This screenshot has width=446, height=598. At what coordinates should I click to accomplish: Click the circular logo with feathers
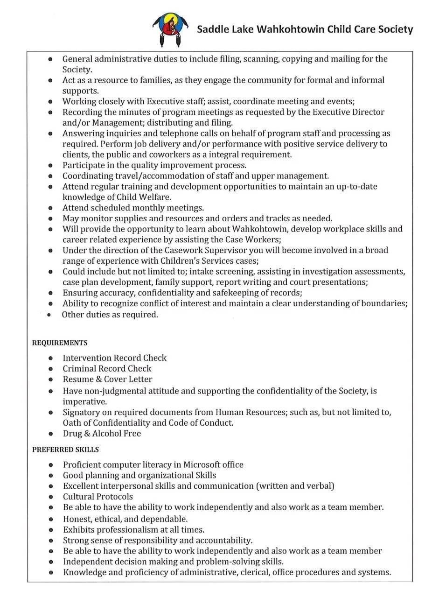click(170, 29)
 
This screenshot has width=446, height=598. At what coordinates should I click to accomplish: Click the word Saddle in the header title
click(212, 29)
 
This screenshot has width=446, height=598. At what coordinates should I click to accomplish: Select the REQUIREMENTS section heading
click(60, 343)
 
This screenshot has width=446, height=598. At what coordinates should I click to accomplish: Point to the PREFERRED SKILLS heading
click(65, 450)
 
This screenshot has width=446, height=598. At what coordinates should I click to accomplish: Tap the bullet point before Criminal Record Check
click(50, 369)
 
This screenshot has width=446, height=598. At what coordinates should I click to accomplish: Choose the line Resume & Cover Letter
click(107, 379)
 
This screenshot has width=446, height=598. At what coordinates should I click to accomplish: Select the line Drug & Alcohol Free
click(102, 433)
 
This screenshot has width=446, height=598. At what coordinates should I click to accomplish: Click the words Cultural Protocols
click(98, 497)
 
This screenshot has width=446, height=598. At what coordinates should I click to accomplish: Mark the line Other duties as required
click(110, 315)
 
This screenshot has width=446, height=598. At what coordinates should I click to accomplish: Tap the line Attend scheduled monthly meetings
click(133, 208)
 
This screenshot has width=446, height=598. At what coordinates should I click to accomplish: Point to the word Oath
click(72, 423)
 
